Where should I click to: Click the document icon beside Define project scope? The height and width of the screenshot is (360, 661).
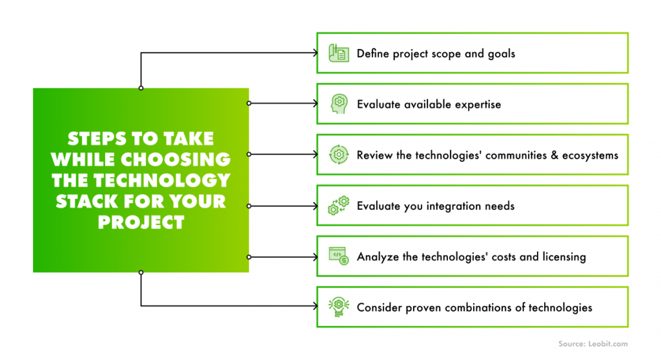click(x=338, y=53)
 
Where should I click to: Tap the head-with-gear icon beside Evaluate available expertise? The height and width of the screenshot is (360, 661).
click(x=339, y=104)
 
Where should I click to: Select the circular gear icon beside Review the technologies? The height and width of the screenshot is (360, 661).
click(x=339, y=155)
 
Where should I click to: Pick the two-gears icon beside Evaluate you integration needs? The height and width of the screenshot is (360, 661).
click(x=339, y=205)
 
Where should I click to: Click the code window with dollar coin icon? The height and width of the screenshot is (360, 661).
click(x=339, y=256)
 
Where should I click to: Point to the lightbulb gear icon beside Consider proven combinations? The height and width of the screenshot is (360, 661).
click(x=338, y=307)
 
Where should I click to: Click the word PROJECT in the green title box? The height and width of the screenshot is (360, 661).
click(x=141, y=222)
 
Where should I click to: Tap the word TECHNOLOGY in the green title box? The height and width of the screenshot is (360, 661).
click(x=162, y=181)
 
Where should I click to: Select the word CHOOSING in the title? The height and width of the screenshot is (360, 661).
click(x=179, y=159)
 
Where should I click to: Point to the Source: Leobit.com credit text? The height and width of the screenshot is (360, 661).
click(x=593, y=344)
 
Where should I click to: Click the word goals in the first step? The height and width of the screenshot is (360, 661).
click(x=501, y=54)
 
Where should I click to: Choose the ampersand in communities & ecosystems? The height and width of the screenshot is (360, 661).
click(x=554, y=155)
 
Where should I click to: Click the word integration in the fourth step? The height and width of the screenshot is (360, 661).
click(x=454, y=206)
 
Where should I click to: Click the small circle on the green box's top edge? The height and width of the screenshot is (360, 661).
click(x=141, y=88)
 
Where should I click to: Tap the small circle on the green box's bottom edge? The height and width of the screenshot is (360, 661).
click(x=141, y=272)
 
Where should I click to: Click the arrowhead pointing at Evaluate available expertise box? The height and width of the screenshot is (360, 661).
click(x=315, y=103)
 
